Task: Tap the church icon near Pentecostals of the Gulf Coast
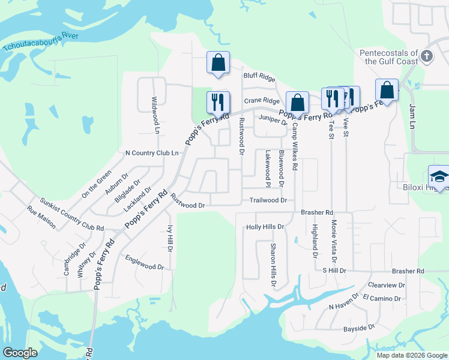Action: coord(427,56)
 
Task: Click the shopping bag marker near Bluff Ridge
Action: coord(218,62)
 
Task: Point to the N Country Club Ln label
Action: coord(152,153)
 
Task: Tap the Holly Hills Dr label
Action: coord(265,227)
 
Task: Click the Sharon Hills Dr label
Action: coord(273,265)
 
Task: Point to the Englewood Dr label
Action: coord(144,262)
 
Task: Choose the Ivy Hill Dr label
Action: coord(170,238)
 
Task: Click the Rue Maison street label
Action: coord(41,217)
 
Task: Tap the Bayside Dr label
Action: coord(358,328)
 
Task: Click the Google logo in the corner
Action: coord(20,353)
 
